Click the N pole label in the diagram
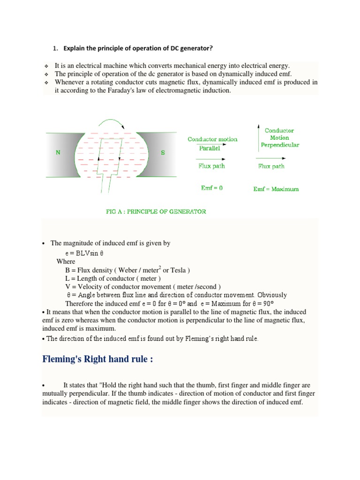pos(58,153)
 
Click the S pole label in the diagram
pos(163,153)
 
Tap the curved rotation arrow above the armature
pos(111,123)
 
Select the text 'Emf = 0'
pos(212,188)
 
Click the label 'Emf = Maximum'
pos(276,189)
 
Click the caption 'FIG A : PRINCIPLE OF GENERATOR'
pos(156,211)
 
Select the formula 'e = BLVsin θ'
pos(84,253)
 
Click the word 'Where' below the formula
pos(66,261)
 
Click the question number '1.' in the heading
pos(55,48)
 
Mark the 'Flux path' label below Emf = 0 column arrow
pos(212,166)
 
